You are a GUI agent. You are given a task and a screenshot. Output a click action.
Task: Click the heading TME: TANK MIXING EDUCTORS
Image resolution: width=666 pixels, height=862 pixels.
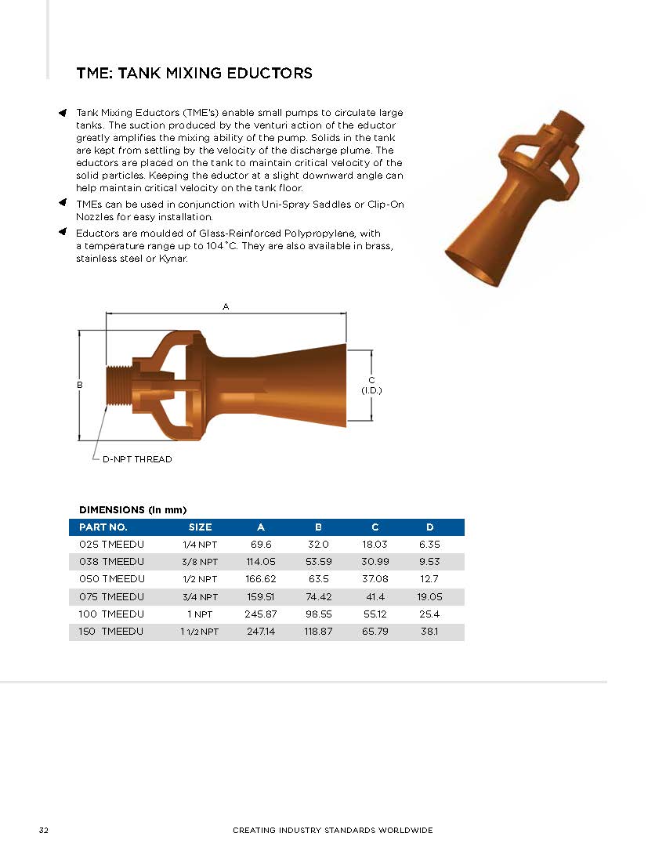(x=194, y=74)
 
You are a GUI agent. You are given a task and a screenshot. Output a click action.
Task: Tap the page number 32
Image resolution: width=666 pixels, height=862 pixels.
(x=44, y=830)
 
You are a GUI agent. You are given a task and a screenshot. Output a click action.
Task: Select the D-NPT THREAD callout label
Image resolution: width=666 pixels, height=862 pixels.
(x=137, y=459)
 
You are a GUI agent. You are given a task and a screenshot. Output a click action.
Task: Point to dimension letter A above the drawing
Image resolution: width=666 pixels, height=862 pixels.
(x=226, y=307)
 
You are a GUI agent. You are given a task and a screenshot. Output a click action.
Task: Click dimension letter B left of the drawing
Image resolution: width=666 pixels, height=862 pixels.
(x=80, y=386)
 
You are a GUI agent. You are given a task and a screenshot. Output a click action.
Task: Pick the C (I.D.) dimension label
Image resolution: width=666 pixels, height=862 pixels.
(x=371, y=385)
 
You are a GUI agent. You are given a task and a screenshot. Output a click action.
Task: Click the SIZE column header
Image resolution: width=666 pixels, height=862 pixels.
(x=200, y=527)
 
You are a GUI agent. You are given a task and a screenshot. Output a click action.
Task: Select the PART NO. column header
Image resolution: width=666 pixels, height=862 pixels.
(x=103, y=527)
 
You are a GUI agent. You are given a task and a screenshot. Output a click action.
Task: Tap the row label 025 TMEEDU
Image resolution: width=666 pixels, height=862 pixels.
(x=111, y=544)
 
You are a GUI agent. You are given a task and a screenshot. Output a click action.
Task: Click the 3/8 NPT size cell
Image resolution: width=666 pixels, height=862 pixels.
(x=199, y=561)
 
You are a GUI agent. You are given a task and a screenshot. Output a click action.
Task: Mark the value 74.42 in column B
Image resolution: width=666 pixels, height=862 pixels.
(x=318, y=596)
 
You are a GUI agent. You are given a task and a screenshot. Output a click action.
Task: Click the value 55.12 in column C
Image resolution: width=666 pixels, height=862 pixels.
(x=375, y=614)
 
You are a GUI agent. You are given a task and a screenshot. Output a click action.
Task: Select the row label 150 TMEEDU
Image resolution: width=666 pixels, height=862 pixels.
(x=111, y=631)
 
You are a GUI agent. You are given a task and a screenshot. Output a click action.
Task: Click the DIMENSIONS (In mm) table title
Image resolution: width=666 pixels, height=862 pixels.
(x=132, y=509)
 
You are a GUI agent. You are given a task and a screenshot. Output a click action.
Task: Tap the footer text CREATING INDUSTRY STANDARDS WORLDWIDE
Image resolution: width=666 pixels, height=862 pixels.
(x=332, y=830)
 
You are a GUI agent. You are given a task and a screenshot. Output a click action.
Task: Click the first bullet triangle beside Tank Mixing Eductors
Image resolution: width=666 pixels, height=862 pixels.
(x=63, y=114)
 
